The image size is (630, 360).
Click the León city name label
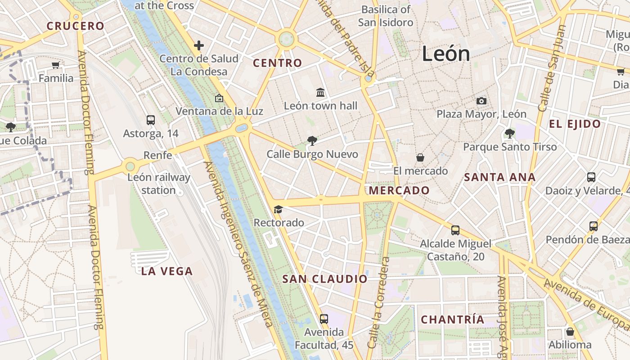click(x=446, y=54)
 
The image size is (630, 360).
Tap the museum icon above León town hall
click(x=320, y=92)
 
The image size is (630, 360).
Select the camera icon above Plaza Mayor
click(x=481, y=101)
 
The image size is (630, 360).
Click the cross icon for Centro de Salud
click(x=199, y=45)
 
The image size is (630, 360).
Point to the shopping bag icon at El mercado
click(x=420, y=157)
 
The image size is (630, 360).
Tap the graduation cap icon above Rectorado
click(x=278, y=209)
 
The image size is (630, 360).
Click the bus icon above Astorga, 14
click(x=151, y=120)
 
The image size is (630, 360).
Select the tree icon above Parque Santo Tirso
click(x=510, y=133)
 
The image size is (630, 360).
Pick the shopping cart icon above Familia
click(x=56, y=65)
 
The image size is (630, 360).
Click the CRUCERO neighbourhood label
click(x=76, y=26)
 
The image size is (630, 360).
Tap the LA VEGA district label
click(x=167, y=271)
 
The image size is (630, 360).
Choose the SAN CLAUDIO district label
click(x=325, y=279)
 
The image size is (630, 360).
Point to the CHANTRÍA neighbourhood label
click(x=453, y=320)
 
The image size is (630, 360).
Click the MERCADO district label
click(x=399, y=190)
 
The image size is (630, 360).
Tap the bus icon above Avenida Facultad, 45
click(x=324, y=319)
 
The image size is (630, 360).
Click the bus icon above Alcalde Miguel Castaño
click(x=455, y=230)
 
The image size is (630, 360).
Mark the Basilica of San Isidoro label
click(x=386, y=16)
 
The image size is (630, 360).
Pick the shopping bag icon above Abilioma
click(x=570, y=332)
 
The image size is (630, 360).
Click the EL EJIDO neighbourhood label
click(x=575, y=124)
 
